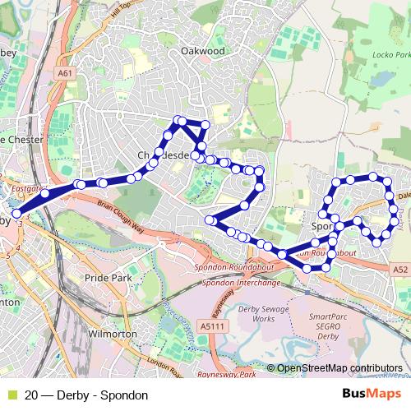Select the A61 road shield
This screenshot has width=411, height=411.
(x=66, y=72)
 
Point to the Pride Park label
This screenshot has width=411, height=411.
(x=108, y=279)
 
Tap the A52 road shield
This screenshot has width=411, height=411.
(x=399, y=269)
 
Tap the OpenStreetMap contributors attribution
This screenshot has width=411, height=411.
(x=339, y=368)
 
